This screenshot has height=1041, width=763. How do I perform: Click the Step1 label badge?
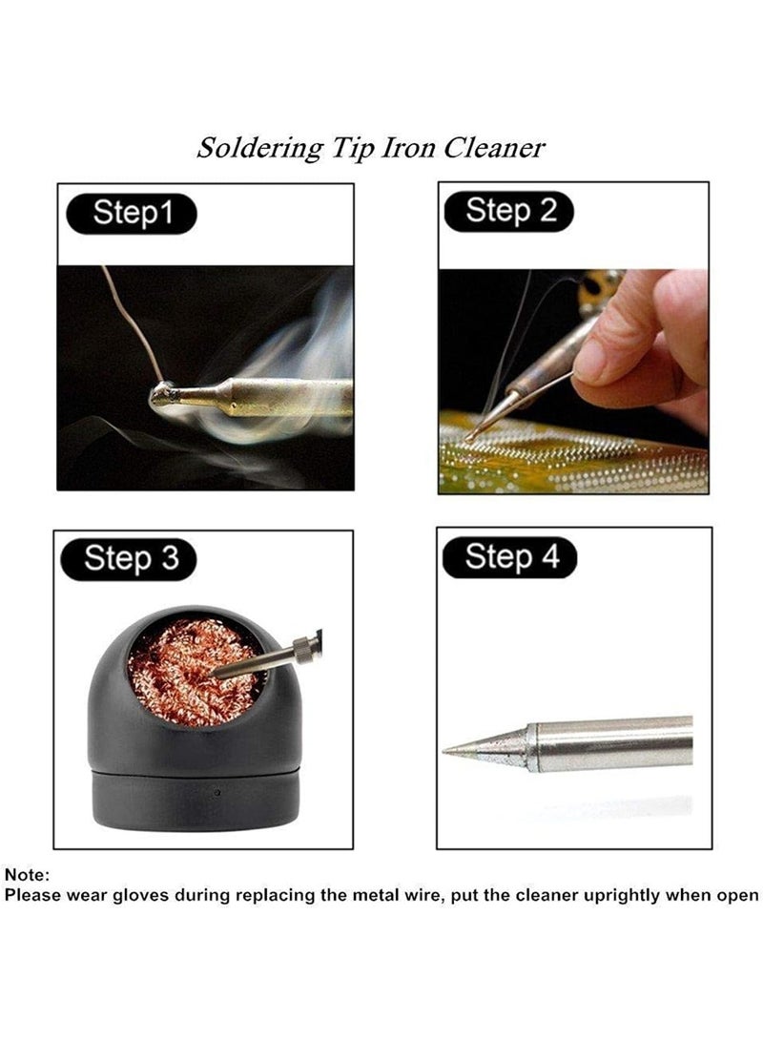click(x=131, y=214)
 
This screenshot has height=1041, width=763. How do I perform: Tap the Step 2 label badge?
click(x=510, y=211)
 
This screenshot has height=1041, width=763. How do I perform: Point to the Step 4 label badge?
click(x=511, y=556)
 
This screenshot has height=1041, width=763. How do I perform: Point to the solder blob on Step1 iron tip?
click(x=165, y=395)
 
